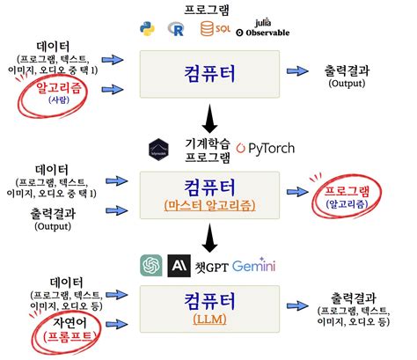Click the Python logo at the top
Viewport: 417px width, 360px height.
point(147,29)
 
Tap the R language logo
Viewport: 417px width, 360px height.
point(179,29)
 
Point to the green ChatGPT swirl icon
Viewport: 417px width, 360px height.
point(150,265)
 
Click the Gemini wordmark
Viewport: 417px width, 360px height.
point(254,265)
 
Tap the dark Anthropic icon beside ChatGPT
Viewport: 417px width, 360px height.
point(180,265)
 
